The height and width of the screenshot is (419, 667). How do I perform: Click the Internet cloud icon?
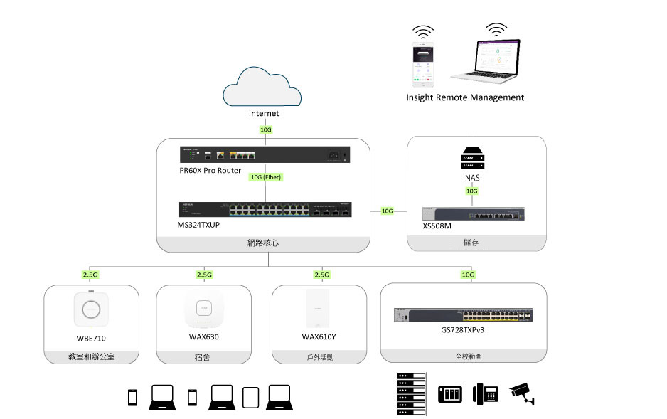point(263,86)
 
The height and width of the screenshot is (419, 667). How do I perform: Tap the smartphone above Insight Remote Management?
point(425,63)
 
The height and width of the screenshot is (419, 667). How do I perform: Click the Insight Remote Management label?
point(465,97)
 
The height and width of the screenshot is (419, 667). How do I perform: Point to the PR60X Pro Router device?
point(263,154)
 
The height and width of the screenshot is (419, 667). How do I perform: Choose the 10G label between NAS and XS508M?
point(471,191)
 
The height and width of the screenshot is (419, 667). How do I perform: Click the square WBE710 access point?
point(91,309)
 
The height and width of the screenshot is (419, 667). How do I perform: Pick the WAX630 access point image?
point(203,309)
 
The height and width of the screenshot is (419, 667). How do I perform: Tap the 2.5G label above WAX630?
point(203,275)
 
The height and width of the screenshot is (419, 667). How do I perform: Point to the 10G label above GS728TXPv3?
point(467,275)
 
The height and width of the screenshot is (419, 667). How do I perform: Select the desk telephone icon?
point(486,393)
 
